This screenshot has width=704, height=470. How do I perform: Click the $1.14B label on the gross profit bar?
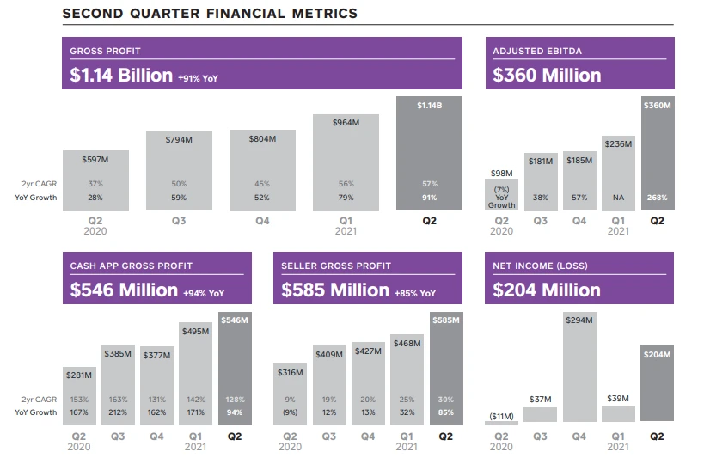[429, 106]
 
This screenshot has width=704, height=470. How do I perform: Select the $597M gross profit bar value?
[95, 160]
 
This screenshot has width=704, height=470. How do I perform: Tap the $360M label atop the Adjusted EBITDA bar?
[658, 104]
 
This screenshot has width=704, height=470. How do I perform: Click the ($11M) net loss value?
[501, 416]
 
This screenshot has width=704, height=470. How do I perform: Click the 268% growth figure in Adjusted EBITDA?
[658, 198]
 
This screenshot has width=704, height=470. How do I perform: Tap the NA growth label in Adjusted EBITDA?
[618, 198]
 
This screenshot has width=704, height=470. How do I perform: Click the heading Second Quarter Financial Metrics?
[211, 14]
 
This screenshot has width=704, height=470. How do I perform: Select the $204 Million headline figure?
[547, 290]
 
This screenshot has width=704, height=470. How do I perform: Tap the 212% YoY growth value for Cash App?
[117, 412]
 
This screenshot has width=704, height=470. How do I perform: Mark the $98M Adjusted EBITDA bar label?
[501, 174]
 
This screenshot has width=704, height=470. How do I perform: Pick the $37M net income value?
[540, 400]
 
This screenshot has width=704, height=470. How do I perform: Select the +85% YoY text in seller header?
[415, 292]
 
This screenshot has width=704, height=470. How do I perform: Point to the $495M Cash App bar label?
[196, 331]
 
